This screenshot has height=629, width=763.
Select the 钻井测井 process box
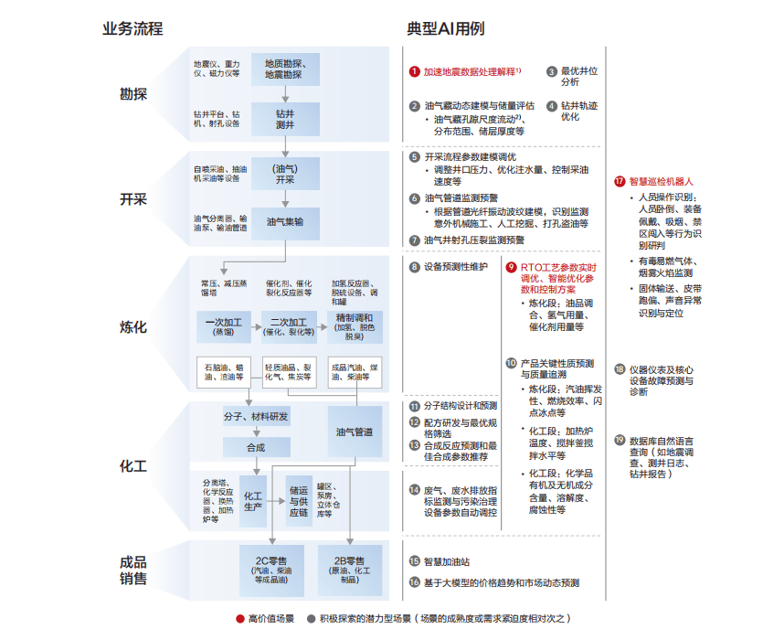click(285, 119)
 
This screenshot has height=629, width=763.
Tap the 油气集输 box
click(285, 222)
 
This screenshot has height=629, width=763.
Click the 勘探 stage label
click(133, 93)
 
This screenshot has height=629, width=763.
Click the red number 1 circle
click(414, 70)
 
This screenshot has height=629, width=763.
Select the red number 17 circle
click(620, 181)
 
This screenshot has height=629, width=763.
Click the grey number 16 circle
click(414, 582)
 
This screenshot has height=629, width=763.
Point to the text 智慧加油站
click(447, 562)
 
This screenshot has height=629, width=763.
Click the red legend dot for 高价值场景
click(239, 618)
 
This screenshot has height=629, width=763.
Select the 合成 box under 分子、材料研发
click(256, 447)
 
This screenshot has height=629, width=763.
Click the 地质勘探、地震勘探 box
click(285, 69)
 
